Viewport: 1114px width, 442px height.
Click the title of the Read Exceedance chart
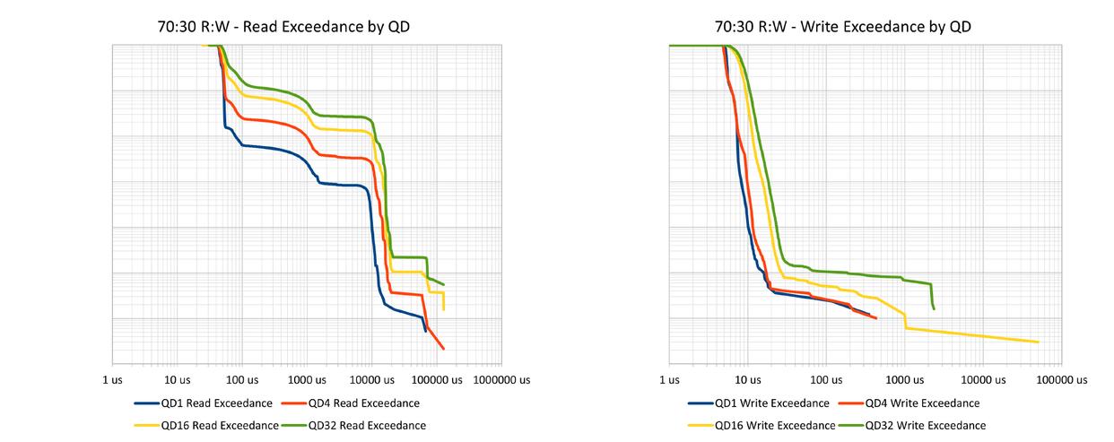(283, 27)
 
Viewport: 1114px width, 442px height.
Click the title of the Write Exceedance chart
(842, 27)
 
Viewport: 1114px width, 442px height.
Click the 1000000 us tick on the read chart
(500, 380)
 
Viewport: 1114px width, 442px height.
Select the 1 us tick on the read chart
(112, 380)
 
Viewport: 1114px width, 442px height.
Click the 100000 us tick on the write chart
(1060, 380)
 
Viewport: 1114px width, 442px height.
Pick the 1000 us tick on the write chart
(904, 380)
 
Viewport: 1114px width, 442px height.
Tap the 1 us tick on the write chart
(669, 380)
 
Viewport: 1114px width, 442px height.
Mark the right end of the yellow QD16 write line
(1038, 342)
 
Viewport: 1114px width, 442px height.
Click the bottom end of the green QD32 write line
(935, 309)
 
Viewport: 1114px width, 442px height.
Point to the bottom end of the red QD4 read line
(443, 348)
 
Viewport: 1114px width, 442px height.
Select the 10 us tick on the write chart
(747, 380)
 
